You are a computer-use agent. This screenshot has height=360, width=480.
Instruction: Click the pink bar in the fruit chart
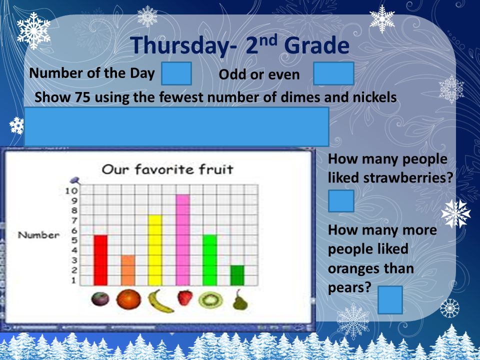point(183,240)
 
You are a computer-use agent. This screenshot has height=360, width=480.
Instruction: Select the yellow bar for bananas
point(155,250)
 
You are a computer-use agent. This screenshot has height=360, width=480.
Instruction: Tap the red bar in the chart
point(100,260)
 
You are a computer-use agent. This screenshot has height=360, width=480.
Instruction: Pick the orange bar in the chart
point(128,270)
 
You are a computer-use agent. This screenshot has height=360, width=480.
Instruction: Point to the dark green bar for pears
point(237,275)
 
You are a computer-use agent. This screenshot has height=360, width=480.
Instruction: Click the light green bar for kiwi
point(210,260)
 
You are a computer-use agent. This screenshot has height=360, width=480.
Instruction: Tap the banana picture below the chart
point(160,301)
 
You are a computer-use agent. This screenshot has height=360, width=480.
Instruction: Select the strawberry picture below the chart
point(185,298)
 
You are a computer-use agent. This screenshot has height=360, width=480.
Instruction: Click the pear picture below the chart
point(240,300)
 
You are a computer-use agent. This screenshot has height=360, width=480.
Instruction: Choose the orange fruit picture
point(129,299)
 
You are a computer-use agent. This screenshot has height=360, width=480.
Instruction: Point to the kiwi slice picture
point(210,300)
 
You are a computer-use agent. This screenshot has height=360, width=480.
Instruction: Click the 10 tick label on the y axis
point(71,191)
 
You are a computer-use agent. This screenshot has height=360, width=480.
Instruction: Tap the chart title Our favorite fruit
point(167,169)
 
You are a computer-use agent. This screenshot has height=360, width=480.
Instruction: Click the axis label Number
point(38,235)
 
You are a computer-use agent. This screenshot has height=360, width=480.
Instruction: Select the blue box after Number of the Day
point(176,73)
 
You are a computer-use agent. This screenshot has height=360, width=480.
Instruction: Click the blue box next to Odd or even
point(333,73)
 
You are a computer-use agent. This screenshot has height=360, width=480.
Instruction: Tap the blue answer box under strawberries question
point(341,201)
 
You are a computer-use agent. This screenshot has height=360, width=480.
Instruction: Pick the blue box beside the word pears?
point(390,300)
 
